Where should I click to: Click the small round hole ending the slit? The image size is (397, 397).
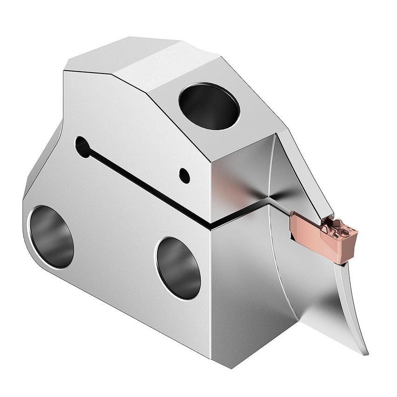(x=82, y=146)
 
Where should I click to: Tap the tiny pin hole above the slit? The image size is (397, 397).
(x=185, y=175)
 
